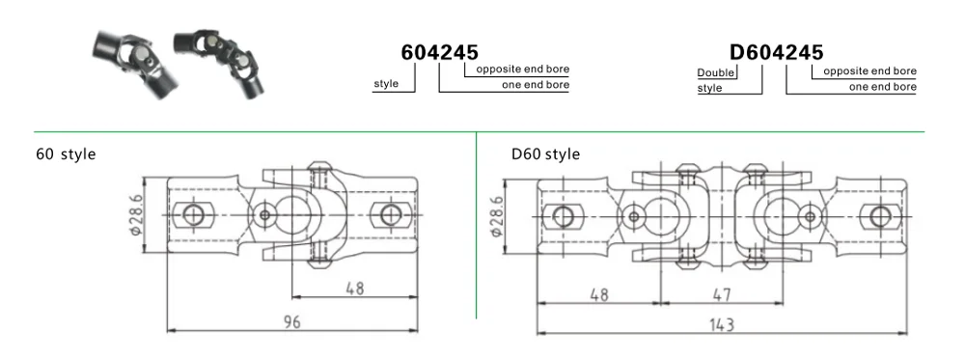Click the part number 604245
[439, 52]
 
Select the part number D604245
[776, 52]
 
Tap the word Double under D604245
[716, 72]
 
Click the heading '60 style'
[66, 153]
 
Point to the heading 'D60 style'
[545, 153]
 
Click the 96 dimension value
[291, 321]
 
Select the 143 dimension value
[721, 323]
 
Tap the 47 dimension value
[721, 294]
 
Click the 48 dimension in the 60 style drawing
[354, 288]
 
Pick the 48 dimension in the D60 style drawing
[598, 294]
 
